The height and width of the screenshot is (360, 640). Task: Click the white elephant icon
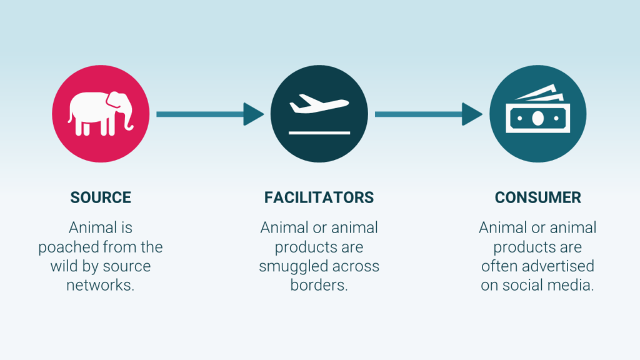(x=101, y=114)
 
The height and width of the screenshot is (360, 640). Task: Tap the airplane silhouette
(x=319, y=104)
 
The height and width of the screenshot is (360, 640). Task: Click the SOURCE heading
(x=101, y=197)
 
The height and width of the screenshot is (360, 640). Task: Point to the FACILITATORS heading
(x=319, y=197)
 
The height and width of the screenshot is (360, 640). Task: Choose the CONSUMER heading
(x=537, y=197)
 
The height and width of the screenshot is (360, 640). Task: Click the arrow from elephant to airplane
(x=210, y=114)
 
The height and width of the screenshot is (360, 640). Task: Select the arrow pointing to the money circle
(x=429, y=114)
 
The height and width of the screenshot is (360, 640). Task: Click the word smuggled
(x=294, y=266)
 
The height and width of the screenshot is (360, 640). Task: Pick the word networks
(x=101, y=285)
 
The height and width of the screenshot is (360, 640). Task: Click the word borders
(x=319, y=285)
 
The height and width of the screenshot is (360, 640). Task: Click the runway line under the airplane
(x=319, y=132)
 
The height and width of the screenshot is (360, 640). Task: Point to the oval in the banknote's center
(x=538, y=118)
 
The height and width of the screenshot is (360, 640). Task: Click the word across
(x=356, y=266)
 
